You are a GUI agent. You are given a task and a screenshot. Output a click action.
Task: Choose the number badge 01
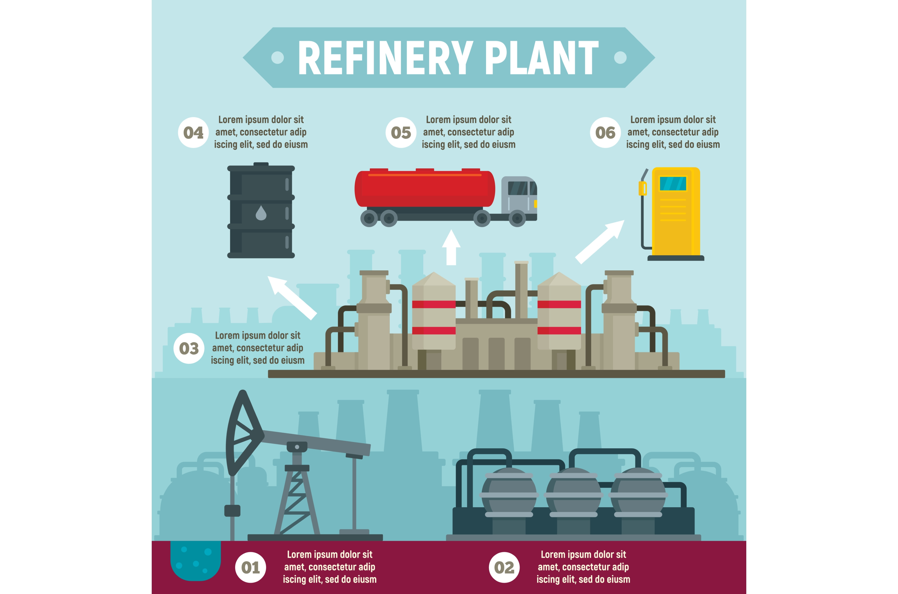click(251, 567)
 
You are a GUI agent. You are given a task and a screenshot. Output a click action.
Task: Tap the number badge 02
click(504, 567)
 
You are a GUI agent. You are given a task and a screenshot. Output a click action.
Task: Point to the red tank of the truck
click(425, 188)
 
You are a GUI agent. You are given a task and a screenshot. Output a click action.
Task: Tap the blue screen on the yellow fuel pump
click(673, 184)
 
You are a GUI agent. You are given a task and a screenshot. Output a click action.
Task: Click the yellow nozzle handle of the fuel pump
click(642, 188)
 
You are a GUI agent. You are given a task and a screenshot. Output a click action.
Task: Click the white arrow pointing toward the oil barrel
click(292, 298)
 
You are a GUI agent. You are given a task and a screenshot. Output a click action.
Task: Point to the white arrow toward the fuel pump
click(600, 242)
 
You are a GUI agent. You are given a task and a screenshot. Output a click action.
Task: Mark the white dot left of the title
click(278, 58)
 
